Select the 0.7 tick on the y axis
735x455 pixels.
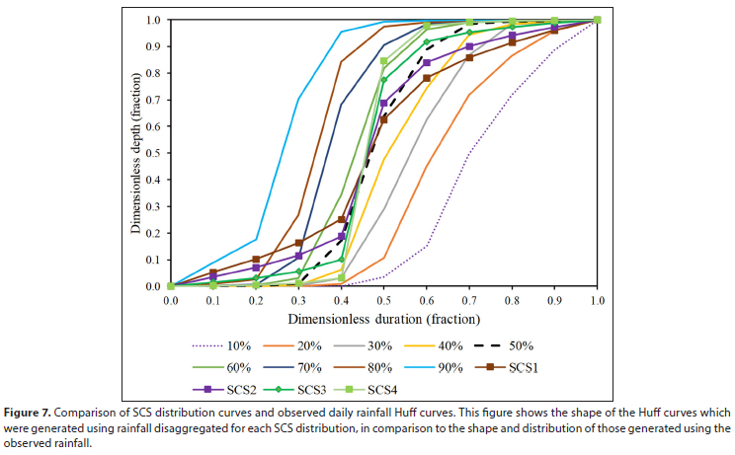coord(154,99)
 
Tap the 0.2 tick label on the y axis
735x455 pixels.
coord(154,233)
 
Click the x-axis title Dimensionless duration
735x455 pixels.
coord(383,319)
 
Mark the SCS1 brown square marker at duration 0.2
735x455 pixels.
coord(256,260)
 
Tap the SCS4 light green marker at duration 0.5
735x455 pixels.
coord(384,61)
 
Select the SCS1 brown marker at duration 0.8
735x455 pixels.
coord(512,42)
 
